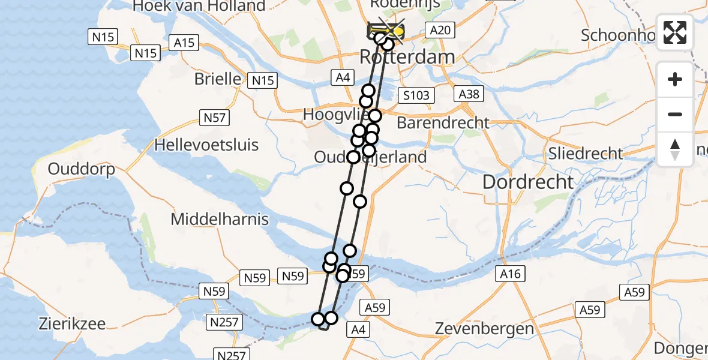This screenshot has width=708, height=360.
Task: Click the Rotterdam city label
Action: [407, 58]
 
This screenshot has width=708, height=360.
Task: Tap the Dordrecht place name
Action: [528, 182]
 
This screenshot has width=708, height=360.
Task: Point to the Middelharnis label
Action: [220, 219]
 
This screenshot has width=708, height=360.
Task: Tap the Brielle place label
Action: [218, 79]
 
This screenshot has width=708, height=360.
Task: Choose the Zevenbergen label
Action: [484, 329]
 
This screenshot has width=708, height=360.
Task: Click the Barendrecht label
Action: [443, 123]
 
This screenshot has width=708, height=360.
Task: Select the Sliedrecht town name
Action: [586, 153]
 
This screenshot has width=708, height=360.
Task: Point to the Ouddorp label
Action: [81, 169]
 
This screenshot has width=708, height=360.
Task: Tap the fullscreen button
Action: [675, 32]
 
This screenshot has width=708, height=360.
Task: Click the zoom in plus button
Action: [675, 79]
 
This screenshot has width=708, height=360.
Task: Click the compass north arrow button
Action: [675, 148]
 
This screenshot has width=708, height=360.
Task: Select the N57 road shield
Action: [215, 118]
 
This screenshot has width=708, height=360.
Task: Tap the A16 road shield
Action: [511, 274]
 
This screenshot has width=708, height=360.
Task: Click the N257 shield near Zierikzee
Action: [224, 323]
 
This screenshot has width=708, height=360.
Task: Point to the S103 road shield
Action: [416, 95]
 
